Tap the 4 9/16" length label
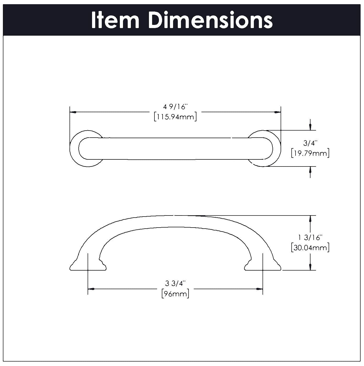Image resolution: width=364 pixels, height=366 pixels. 175,107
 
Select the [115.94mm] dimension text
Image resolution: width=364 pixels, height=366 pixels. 175,117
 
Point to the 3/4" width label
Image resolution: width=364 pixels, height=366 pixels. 310,143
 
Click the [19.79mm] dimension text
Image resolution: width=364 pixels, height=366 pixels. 310,153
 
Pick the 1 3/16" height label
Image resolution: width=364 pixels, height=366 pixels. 310,238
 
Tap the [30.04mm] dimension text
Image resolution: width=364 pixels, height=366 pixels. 310,247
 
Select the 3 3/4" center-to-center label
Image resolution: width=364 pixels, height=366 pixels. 175,283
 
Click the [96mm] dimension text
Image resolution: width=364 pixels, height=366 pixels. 175,294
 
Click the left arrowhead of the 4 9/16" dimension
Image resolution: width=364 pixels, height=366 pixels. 73,112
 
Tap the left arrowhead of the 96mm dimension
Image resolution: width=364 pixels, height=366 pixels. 91,289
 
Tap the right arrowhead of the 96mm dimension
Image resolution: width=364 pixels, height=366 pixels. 259,289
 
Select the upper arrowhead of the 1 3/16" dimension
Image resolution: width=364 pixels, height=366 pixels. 311,219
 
